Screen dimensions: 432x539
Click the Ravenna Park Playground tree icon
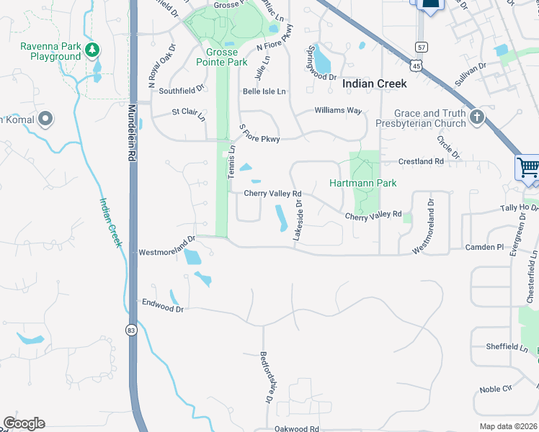pos(92,50)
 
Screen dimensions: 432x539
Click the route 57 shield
pos(420,47)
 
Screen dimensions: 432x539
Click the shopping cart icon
pos(528,167)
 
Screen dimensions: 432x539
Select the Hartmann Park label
pos(363,183)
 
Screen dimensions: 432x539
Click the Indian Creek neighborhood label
pos(374,84)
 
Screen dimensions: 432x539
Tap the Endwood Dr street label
pos(164,306)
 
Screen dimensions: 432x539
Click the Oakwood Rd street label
pos(297,428)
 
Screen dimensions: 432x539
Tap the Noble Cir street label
pos(496,389)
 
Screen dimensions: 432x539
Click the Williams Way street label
pos(338,111)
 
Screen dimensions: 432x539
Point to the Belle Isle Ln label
pos(264,91)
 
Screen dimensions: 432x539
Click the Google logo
pos(24,423)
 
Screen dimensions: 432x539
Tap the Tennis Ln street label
pos(232,163)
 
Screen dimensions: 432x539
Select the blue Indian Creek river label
pos(110,222)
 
